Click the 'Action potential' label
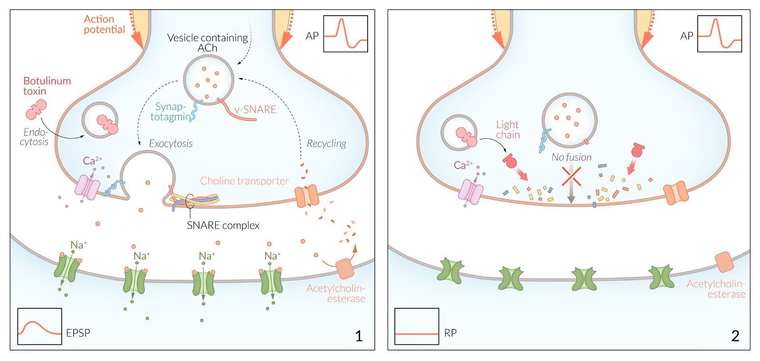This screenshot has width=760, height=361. coord(104,24)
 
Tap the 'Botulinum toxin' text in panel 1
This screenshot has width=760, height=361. coord(47,86)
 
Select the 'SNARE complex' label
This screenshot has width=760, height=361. coord(223,225)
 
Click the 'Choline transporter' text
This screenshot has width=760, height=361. coord(244,181)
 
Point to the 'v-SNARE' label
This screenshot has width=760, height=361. coord(255,110)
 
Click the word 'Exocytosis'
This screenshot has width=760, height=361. coord(171,143)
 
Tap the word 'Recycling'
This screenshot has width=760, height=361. coord(326,143)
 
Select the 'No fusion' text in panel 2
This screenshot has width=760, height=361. coord(571,157)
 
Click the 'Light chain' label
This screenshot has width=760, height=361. coord(508,130)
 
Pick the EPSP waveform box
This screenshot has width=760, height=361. coord(39,326)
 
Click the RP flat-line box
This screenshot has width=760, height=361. coord(417,326)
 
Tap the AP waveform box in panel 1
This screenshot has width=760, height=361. coord(345,34)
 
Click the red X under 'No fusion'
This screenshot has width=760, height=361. coord(571,176)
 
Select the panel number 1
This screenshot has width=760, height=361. coord(359,336)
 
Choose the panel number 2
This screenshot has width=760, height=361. coord(735,336)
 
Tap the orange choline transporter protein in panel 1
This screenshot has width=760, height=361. coord(306,196)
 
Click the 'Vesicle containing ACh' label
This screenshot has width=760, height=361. coord(208,43)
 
